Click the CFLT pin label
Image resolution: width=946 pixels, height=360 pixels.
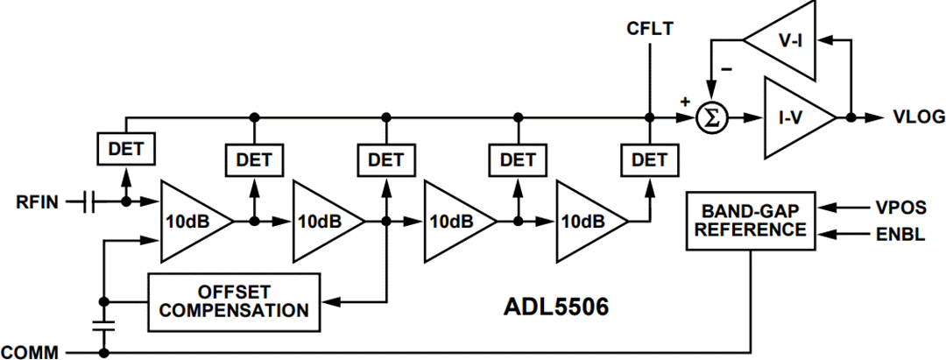point(649,29)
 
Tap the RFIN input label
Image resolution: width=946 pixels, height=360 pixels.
point(37,203)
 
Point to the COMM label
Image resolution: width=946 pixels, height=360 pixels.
point(30,352)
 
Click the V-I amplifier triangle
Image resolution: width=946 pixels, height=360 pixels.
point(784,39)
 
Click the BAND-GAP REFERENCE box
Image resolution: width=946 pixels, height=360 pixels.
point(751,220)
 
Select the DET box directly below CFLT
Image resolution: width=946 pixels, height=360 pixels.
point(649,159)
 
